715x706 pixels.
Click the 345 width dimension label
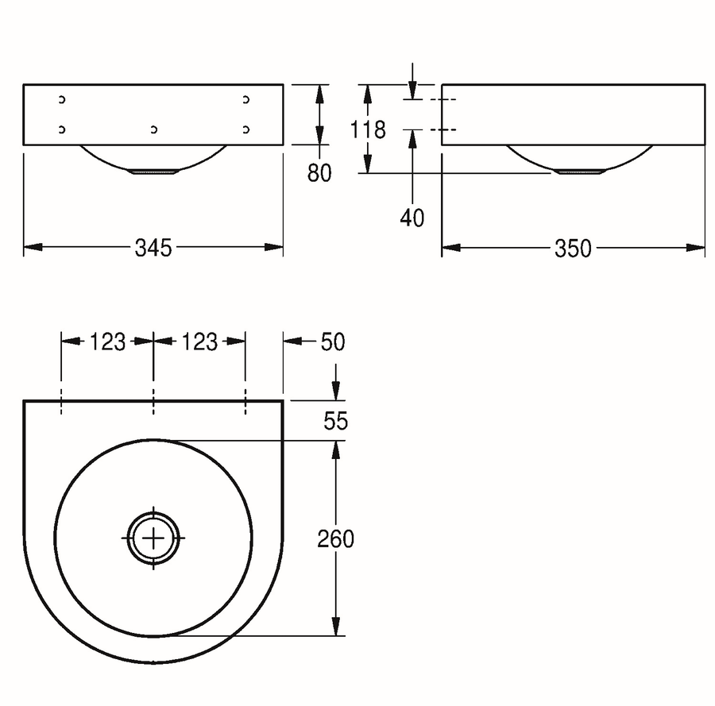153,248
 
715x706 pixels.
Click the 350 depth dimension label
573,249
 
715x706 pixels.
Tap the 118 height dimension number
368,129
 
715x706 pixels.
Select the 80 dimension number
319,173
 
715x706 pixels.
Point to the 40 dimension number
412,218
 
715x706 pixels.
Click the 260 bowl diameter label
335,539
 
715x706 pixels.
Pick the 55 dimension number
335,421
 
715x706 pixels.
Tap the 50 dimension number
333,341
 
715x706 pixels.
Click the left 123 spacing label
107,341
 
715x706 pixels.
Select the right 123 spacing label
199,341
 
